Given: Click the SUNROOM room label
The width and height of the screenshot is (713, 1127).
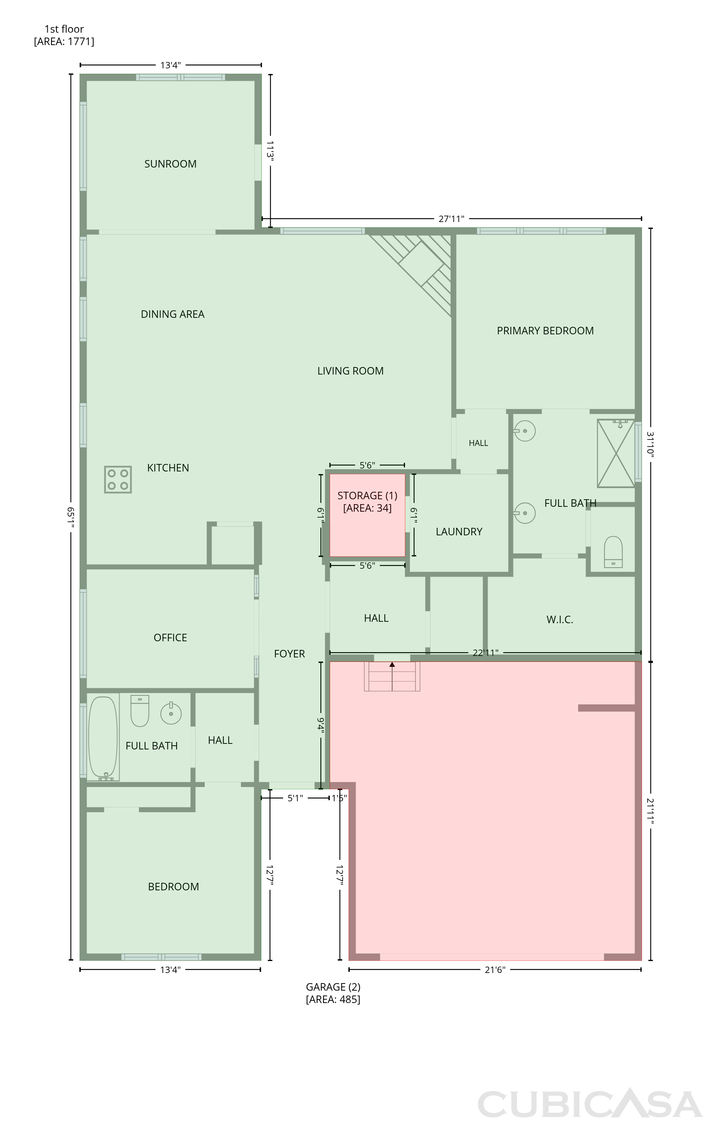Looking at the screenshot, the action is point(171,164).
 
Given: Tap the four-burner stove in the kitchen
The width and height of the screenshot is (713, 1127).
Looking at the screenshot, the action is point(118,479).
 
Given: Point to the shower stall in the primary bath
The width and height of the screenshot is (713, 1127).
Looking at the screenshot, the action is point(616,453).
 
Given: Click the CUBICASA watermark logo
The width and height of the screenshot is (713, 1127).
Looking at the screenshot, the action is point(590,1104).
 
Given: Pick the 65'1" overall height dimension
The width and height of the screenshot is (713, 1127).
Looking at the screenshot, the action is point(71,517).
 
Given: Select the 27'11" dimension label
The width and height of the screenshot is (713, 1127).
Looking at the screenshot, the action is point(451,219).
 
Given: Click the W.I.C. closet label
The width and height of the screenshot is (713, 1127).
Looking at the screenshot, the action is point(559,620).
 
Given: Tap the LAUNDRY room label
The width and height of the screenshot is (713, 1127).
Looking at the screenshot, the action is point(459,532).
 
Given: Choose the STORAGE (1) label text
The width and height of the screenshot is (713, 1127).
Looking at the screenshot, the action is point(367,495).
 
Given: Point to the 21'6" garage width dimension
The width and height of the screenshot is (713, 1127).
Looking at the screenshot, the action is point(495,970).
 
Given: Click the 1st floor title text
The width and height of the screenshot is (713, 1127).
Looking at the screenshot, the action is point(64,29).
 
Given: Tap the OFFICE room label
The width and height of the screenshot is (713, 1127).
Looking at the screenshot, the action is point(171,638).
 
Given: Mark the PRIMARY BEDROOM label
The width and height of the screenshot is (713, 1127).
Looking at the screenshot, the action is point(545,331).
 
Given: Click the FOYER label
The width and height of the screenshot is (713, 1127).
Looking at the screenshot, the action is point(289,654).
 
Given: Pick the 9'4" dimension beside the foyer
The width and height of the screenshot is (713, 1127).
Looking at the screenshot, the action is point(321,725).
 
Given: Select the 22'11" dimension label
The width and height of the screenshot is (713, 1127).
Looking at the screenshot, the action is point(485,653).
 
